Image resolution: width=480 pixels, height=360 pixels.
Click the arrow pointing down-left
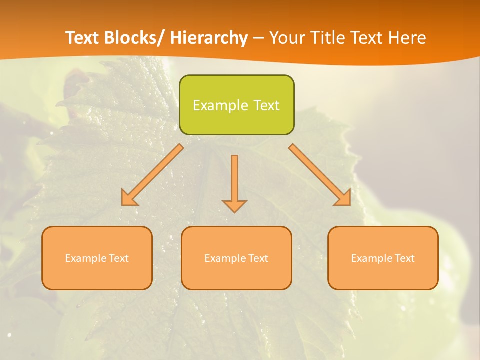point(153,175)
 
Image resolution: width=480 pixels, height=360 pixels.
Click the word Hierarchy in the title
point(209,38)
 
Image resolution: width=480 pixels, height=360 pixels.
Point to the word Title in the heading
point(329,38)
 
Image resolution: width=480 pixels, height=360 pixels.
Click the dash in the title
point(258,38)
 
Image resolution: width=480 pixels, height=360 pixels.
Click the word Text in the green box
point(266,105)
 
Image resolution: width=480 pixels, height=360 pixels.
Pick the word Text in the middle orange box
point(258,258)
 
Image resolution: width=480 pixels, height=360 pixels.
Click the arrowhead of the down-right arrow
point(344,198)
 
